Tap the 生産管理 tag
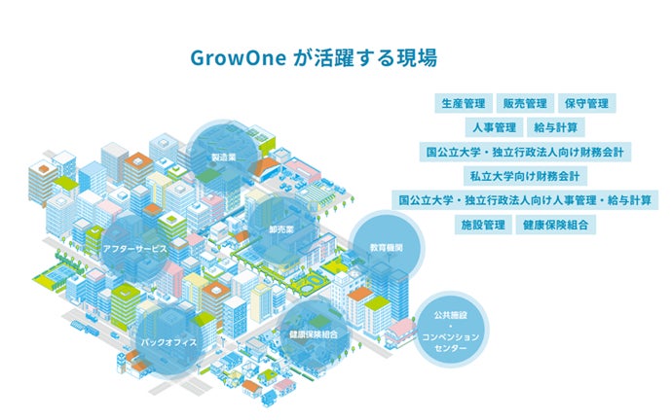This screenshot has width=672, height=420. pos(463,103)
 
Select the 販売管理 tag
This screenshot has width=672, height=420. pos(524,103)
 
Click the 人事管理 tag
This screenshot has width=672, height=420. pos(493,127)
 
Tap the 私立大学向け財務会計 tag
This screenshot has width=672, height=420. pos(524,176)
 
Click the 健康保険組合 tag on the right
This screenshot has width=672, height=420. pos(555,225)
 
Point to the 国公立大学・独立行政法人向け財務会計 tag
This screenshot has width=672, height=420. pos(524,152)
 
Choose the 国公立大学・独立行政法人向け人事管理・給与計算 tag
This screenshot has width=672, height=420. pos(524,200)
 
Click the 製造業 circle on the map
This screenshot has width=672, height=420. pos(224,156)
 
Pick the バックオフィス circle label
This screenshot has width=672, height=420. pos(168,342)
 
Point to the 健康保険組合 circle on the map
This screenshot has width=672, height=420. pos(313,334)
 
